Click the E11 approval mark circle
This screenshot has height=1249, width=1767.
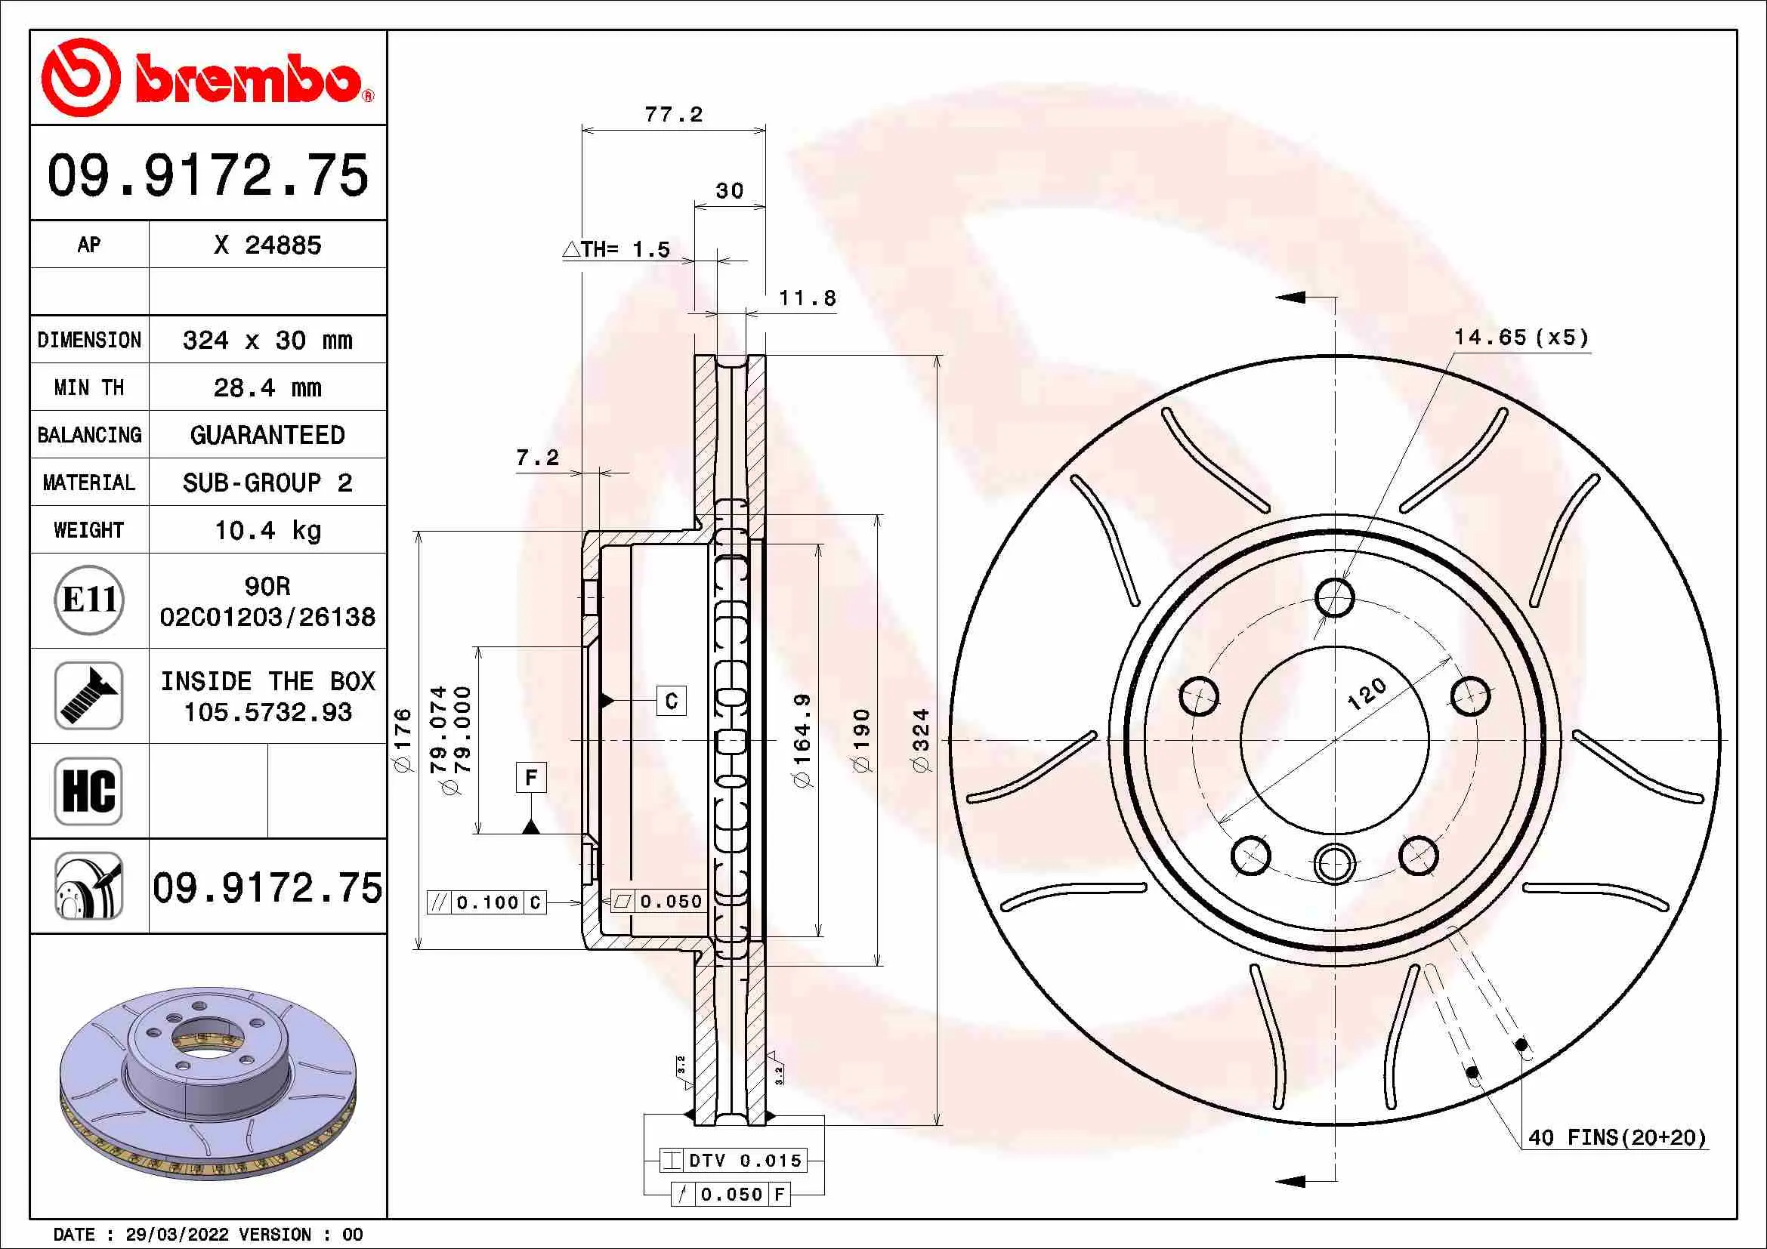pos(89,600)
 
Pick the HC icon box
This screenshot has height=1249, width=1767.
pos(89,791)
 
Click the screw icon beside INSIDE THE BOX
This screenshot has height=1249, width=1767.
pos(89,695)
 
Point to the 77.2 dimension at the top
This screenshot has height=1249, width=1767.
pos(673,116)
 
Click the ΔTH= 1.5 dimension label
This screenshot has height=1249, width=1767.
pos(617,249)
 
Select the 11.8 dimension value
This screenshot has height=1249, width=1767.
pos(807,298)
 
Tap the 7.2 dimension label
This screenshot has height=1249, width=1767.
pos(537,458)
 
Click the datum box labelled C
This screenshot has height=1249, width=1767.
pos(671,701)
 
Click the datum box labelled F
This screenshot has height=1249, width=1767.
pos(531,778)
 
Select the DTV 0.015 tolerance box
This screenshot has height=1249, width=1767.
pos(734,1161)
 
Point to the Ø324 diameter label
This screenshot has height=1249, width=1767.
pos(921,741)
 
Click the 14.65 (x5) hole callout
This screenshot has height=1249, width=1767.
pos(1521,338)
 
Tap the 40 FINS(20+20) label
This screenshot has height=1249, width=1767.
pos(1617,1137)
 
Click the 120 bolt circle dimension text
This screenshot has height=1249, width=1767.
pos(1367,694)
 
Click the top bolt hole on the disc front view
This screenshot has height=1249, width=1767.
pos(1334,597)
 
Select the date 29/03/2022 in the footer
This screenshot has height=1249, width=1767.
pos(177,1235)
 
